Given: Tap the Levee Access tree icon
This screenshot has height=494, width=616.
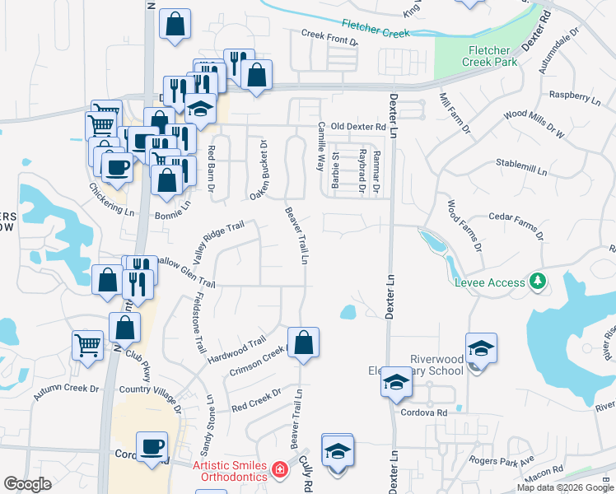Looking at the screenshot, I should (x=539, y=282).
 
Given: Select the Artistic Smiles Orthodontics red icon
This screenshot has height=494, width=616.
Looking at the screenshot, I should (x=280, y=470).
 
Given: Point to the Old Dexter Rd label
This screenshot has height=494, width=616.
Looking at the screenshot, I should (x=358, y=128).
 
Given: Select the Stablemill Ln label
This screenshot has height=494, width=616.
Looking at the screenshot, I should (x=522, y=168).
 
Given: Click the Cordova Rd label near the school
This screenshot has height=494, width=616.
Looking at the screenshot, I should (x=423, y=412).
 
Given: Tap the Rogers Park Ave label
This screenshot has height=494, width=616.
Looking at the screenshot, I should (x=502, y=459).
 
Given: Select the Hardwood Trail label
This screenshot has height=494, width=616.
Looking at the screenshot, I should (x=237, y=351).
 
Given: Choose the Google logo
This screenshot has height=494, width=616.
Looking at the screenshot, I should (x=27, y=484).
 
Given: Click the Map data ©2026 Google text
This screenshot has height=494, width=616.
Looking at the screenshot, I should (x=564, y=487).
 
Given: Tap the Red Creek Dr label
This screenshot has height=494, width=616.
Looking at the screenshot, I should (x=256, y=400).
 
